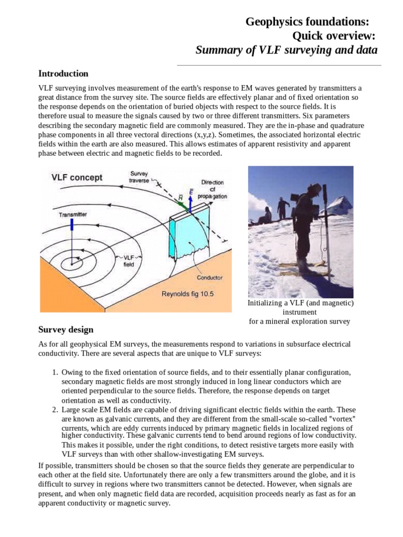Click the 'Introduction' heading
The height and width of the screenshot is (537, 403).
click(63, 73)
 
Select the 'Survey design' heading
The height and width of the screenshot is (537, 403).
click(66, 330)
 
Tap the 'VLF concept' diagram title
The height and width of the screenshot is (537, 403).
click(77, 177)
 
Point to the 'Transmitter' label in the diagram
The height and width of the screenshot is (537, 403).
click(73, 214)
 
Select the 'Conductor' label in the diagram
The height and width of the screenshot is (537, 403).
click(209, 277)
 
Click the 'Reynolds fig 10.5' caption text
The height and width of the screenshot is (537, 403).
click(187, 294)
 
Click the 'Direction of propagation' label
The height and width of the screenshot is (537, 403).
click(212, 189)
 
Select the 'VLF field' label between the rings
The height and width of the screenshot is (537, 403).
click(129, 261)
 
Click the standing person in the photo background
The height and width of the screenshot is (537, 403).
click(283, 208)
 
